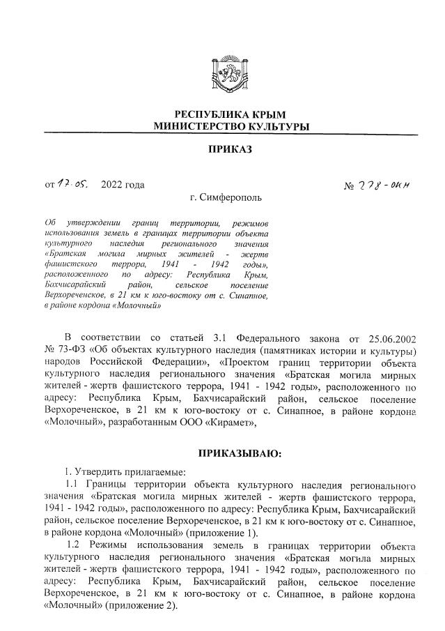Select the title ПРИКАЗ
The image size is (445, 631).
[x=229, y=149]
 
